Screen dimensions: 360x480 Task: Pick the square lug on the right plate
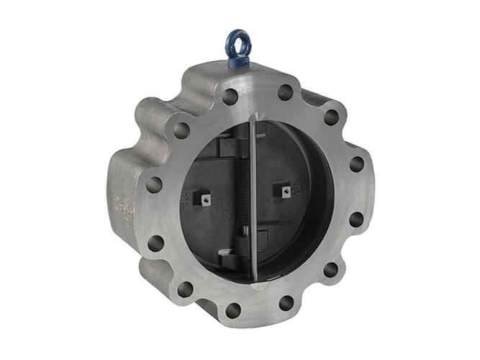[286, 191]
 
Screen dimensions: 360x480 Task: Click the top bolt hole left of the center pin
[230, 96]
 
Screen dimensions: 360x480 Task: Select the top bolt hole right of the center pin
[286, 92]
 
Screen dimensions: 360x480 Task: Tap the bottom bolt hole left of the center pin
[233, 310]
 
